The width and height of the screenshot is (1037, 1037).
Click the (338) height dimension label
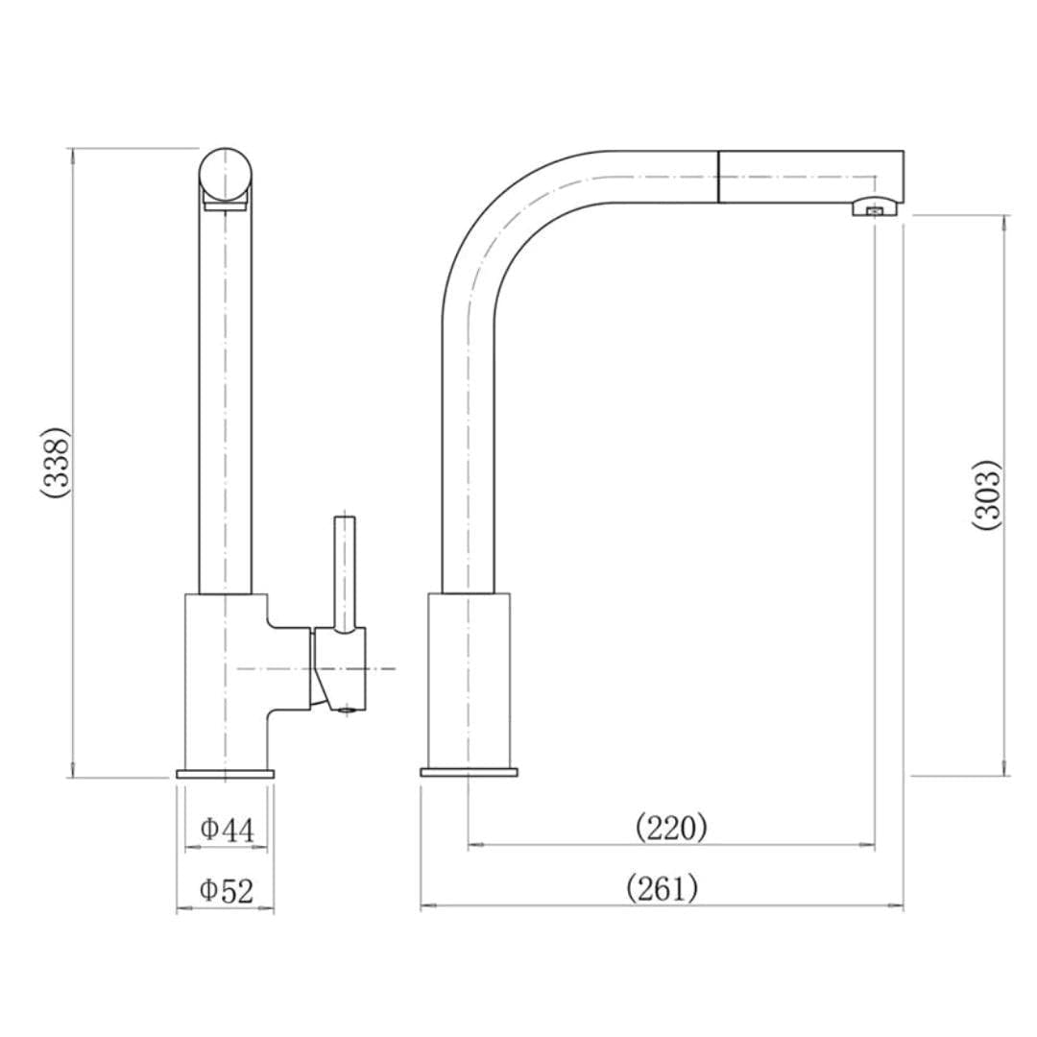[55, 462]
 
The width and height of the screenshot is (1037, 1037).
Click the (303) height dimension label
[986, 494]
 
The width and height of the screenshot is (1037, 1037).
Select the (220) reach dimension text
[671, 827]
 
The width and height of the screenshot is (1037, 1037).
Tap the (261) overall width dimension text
[662, 888]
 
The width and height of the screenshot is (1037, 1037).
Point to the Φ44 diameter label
[227, 829]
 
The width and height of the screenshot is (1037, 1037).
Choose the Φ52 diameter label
[227, 890]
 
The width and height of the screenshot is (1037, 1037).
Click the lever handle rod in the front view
[344, 571]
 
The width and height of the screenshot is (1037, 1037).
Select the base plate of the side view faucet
[469, 773]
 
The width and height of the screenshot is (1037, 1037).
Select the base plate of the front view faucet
[225, 774]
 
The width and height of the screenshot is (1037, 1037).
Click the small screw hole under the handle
[349, 711]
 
